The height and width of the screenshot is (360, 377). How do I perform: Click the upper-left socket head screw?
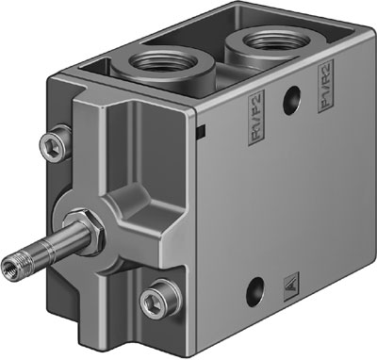53,144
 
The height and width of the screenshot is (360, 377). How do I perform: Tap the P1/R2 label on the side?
328,96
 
